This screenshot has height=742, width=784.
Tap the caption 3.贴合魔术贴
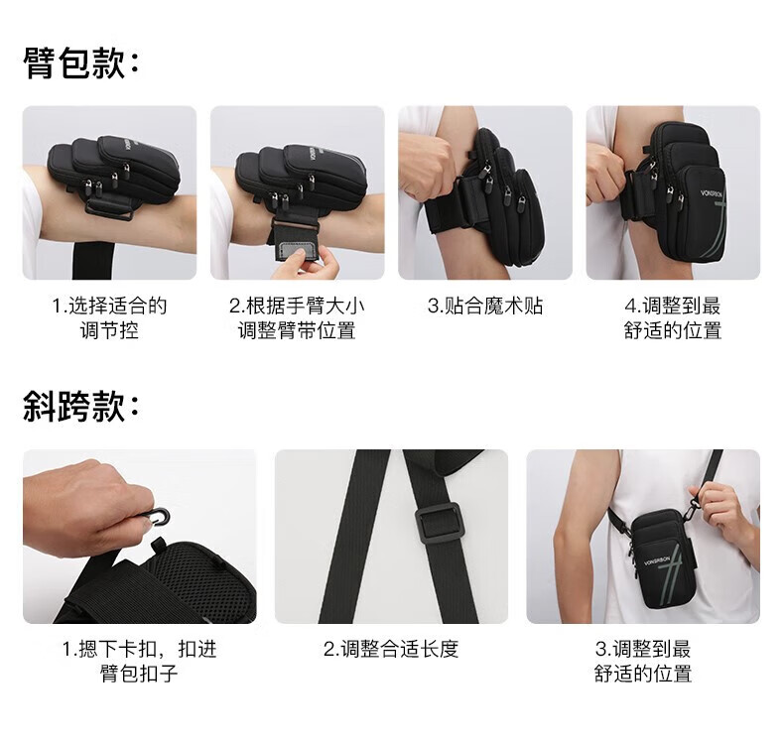[x=485, y=306]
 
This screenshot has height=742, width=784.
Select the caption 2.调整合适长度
[x=391, y=649]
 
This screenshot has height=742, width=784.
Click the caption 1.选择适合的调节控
[x=109, y=317]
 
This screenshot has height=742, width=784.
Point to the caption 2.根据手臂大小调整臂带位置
[x=297, y=317]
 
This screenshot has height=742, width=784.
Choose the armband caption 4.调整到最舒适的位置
[x=673, y=317]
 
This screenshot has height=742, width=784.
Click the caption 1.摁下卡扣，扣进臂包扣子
[x=140, y=661]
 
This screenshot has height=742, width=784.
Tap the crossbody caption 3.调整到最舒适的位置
[x=643, y=661]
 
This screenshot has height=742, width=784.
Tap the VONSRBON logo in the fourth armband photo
[x=713, y=192]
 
